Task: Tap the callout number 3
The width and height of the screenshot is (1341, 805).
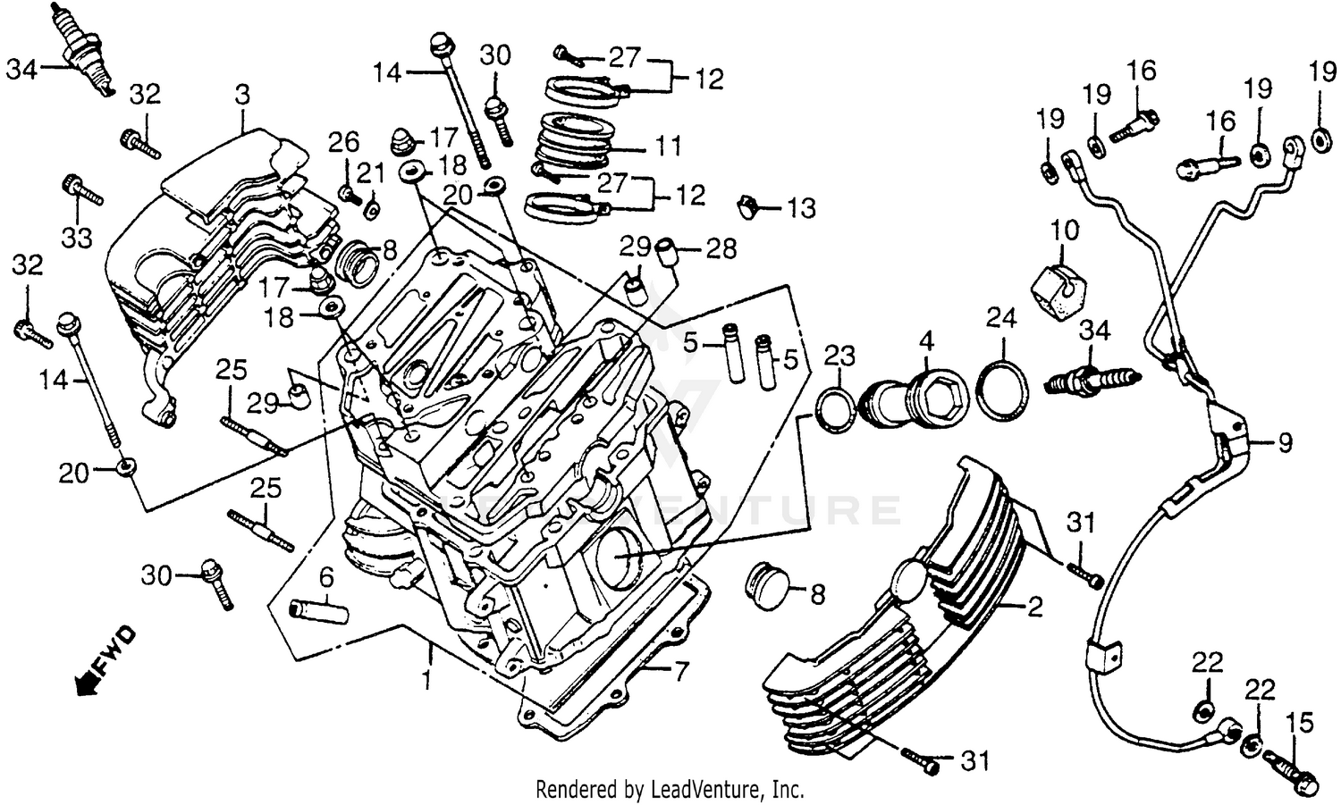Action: click(x=242, y=94)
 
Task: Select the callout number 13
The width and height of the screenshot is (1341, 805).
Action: click(x=801, y=208)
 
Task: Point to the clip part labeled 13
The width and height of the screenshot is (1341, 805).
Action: click(x=748, y=206)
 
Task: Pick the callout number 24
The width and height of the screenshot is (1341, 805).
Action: click(x=1001, y=317)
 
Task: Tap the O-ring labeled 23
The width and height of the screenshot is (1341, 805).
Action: click(x=836, y=412)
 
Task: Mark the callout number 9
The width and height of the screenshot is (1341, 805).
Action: click(x=1284, y=442)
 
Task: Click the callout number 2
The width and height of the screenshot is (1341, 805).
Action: click(x=1035, y=608)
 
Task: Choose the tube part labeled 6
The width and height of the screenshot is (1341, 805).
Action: click(x=318, y=615)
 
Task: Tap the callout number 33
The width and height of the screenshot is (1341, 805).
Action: click(x=77, y=238)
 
